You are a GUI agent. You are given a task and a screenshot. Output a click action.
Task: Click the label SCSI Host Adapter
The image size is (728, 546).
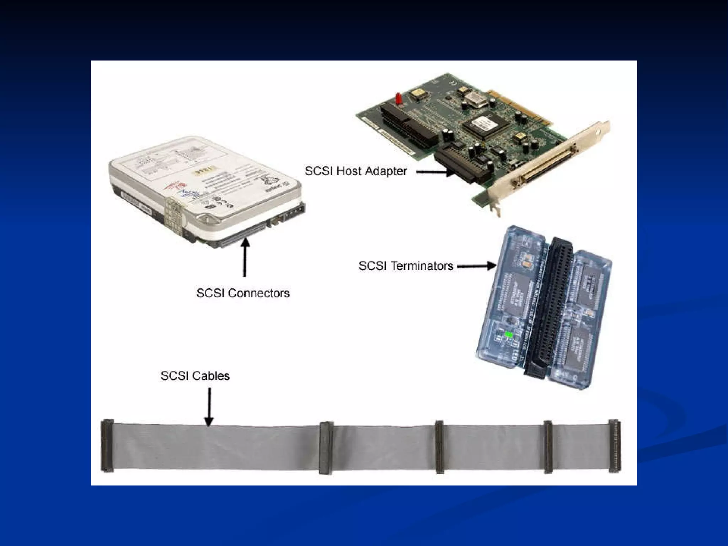tap(356, 171)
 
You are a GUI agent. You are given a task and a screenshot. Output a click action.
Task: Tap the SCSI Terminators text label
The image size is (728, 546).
tap(406, 266)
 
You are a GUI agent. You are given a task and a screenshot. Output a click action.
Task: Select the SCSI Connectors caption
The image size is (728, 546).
tap(243, 293)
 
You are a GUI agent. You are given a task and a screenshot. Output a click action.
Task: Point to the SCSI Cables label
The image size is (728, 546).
tap(195, 376)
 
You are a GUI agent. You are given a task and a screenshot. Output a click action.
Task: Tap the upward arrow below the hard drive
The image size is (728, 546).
tap(245, 258)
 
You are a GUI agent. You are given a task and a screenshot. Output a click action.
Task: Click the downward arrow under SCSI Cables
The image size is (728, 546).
tap(209, 407)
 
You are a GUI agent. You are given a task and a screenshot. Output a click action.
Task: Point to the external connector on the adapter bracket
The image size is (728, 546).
tap(547, 164)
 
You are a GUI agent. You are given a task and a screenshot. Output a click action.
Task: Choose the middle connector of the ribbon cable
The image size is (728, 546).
tap(440, 447)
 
